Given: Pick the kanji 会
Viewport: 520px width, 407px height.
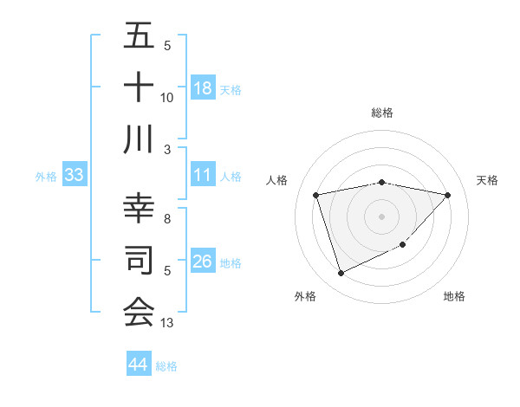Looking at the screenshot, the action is pyautogui.click(x=139, y=312).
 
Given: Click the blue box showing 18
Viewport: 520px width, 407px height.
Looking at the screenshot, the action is pyautogui.click(x=203, y=88).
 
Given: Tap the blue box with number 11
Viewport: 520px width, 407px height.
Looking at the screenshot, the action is pyautogui.click(x=203, y=176).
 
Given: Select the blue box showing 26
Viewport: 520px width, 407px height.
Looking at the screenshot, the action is pyautogui.click(x=203, y=262).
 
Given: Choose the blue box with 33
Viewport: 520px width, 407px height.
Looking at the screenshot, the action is pyautogui.click(x=75, y=176).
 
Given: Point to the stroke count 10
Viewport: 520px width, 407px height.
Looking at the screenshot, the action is pyautogui.click(x=167, y=98).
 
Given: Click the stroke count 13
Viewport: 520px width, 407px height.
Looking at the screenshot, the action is pyautogui.click(x=167, y=323).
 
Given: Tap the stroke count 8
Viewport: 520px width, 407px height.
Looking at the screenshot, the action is pyautogui.click(x=167, y=219).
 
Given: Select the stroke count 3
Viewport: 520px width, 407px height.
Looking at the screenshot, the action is pyautogui.click(x=167, y=149).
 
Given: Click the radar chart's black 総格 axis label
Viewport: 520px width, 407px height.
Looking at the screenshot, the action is pyautogui.click(x=382, y=113).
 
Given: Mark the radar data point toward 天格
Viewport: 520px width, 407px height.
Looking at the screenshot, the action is pyautogui.click(x=447, y=195).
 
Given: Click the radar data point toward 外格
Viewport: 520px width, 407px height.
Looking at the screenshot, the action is pyautogui.click(x=341, y=274).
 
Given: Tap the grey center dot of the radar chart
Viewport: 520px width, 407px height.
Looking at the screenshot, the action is pyautogui.click(x=381, y=216).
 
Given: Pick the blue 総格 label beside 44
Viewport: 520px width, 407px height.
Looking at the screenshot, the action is pyautogui.click(x=166, y=366).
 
